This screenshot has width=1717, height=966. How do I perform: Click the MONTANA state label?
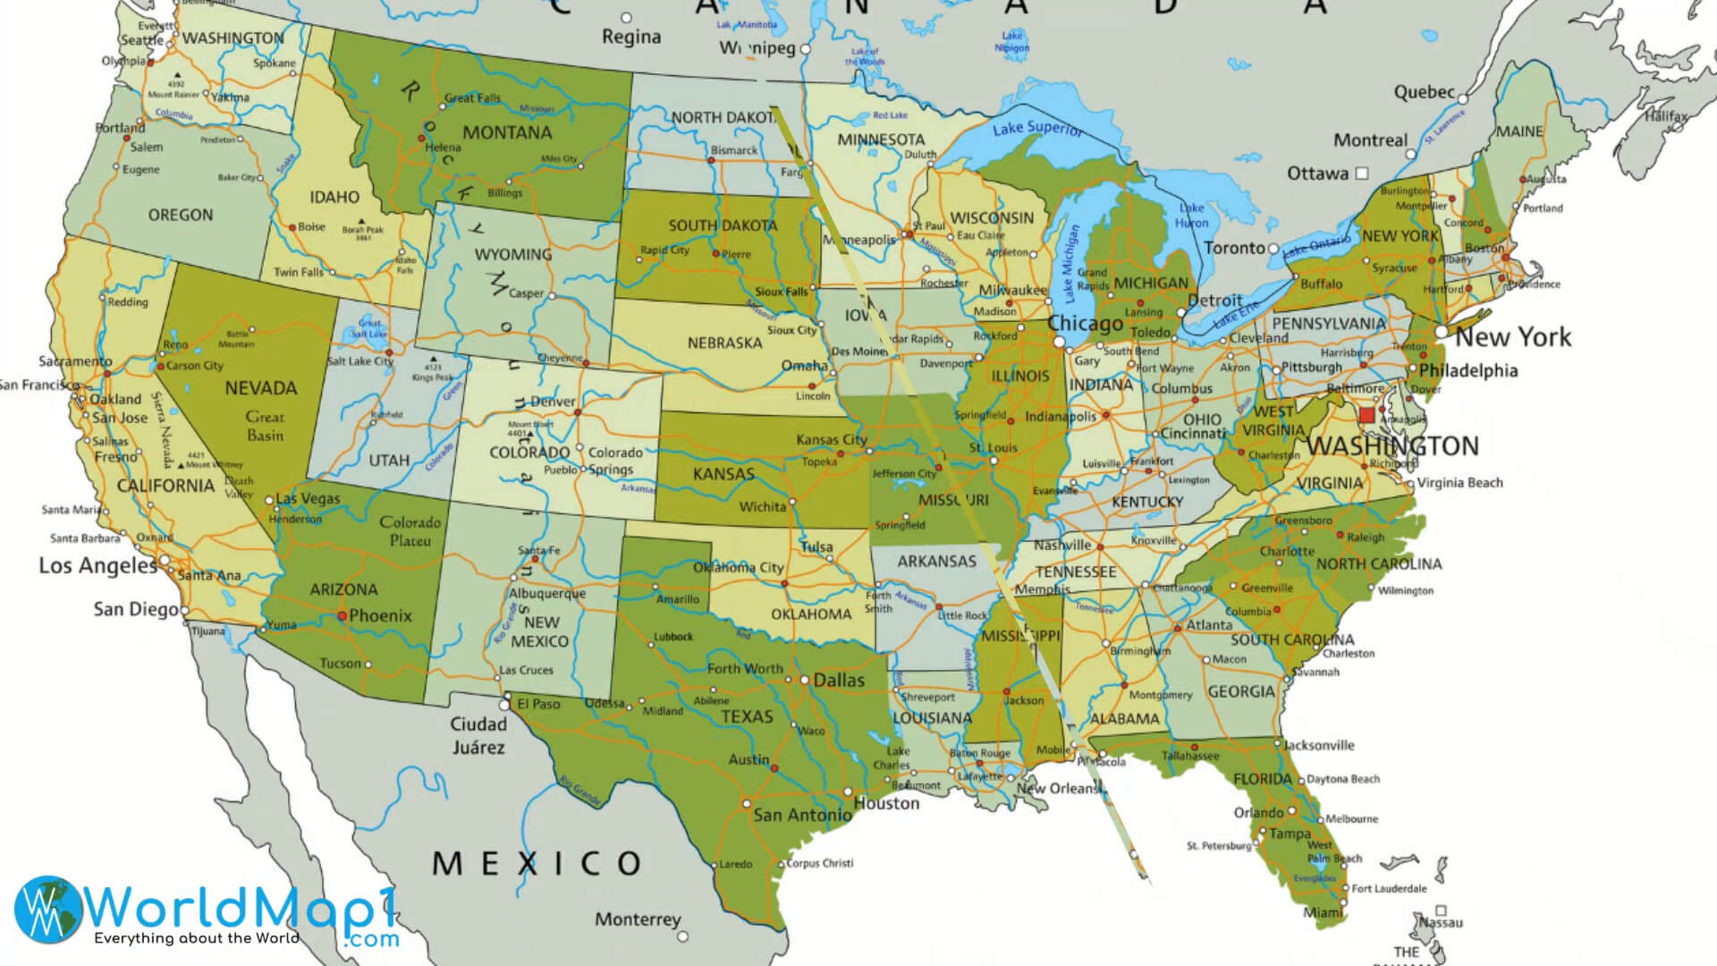tap(507, 132)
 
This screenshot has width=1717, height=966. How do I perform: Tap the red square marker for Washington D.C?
tap(1366, 416)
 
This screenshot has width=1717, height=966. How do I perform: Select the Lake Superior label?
tap(1037, 128)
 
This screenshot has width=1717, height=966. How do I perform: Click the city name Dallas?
tap(838, 681)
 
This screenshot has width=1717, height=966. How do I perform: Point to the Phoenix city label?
tap(380, 615)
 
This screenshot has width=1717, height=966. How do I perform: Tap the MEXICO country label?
tap(537, 863)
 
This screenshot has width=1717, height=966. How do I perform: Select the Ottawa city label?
tap(1317, 173)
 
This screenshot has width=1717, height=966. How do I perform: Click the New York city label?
tap(1513, 337)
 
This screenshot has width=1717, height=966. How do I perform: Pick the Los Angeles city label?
tap(97, 565)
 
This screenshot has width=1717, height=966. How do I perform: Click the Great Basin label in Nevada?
tap(265, 426)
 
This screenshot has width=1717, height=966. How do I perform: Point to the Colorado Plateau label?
tap(410, 531)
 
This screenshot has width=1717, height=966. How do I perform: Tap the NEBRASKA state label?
tap(724, 343)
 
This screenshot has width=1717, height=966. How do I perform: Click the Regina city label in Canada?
tap(631, 37)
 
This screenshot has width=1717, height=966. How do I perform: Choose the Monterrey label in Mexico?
tap(638, 919)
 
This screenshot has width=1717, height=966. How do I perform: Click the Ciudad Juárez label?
tap(478, 735)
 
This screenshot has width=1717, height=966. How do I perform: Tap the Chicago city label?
tap(1085, 324)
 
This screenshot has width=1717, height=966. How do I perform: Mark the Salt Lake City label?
tap(359, 361)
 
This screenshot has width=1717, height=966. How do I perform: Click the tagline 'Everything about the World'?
tap(197, 938)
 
